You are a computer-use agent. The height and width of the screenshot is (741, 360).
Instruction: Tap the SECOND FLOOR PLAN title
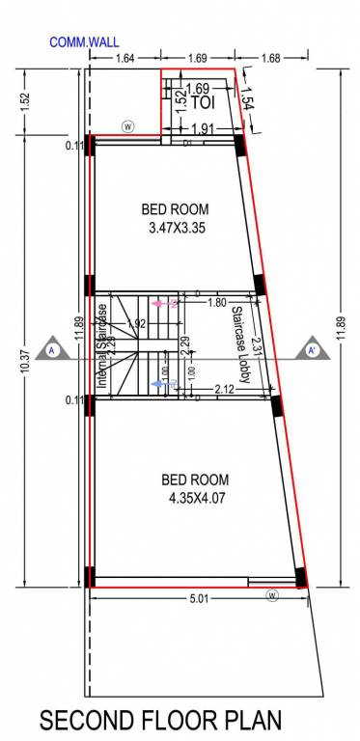[x=160, y=719]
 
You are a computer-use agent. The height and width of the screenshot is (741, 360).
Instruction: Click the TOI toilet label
[x=202, y=101]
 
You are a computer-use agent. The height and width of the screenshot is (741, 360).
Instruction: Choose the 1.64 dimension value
[x=125, y=59]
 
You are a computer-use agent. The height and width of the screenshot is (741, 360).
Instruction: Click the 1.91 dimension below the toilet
[x=202, y=129]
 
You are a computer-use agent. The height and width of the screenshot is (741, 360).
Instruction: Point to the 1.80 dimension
[x=216, y=302]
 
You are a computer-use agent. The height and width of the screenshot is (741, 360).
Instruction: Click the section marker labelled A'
[x=312, y=350]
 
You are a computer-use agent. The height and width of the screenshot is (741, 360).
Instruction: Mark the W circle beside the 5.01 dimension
[x=272, y=595]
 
